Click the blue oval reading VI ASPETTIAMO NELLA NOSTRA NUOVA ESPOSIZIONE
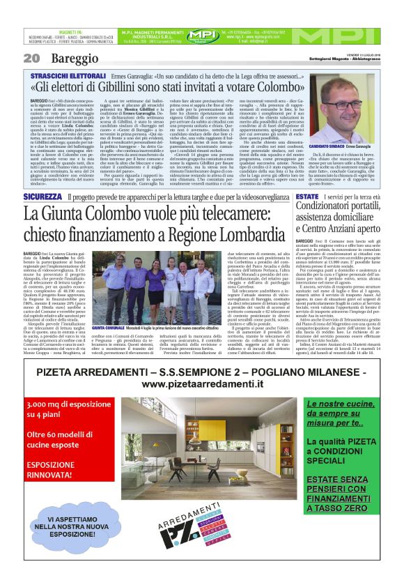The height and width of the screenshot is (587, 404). [75, 538]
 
